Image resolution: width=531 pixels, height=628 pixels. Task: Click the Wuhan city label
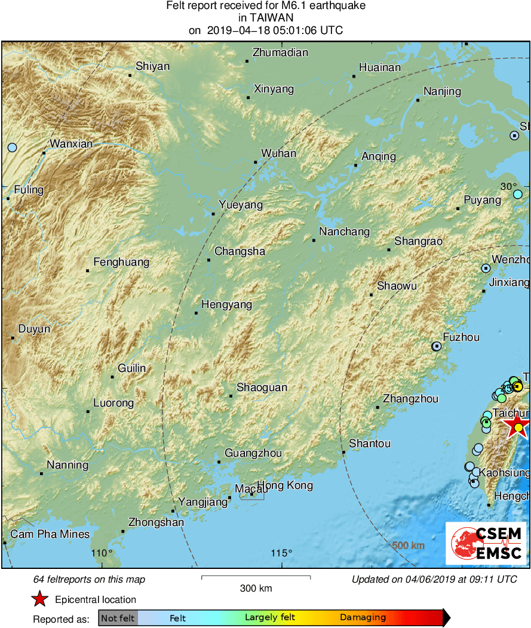pos(278,153)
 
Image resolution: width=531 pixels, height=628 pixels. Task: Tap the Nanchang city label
pos(344,232)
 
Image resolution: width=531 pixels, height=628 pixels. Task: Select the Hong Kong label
pos(285,485)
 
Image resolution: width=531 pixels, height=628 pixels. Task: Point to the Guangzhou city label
pos(253,453)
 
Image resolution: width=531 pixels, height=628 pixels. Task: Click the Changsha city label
pos(240,251)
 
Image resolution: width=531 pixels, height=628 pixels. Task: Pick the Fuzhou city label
pos(461,337)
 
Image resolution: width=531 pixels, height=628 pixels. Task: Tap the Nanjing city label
pos(442,91)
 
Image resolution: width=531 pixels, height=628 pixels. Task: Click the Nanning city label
pos(67,465)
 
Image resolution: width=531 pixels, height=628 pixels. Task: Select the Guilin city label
pos(131,368)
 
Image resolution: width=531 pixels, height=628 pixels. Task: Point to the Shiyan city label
pos(152,66)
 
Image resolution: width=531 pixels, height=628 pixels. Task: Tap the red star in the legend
pos(39,599)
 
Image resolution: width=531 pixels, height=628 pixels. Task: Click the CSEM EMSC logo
pos(486,543)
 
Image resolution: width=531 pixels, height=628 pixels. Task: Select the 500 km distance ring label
pos(409,546)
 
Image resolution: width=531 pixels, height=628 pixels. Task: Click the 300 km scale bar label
pos(256,589)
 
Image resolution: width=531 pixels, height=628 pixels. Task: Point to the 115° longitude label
pos(281,553)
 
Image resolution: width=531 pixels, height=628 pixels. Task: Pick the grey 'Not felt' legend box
pos(118,618)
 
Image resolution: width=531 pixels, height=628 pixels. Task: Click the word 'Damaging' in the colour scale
pos(363,618)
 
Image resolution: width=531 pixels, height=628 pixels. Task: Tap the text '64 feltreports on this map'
pos(89,580)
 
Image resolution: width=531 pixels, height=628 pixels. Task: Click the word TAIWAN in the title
pos(265,18)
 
